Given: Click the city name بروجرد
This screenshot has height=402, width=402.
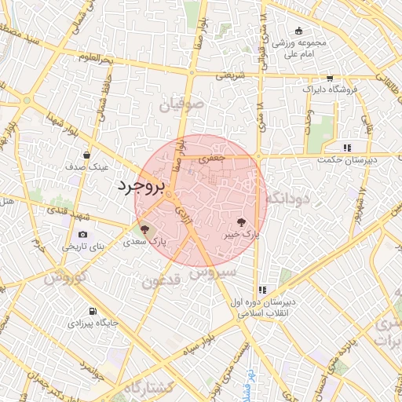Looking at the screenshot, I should (x=142, y=187).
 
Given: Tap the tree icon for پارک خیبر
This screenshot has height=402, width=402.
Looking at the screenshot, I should (x=241, y=222).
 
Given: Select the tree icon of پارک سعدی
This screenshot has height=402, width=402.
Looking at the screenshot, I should (x=144, y=230).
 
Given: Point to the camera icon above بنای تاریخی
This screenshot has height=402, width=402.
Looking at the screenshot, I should (x=83, y=234).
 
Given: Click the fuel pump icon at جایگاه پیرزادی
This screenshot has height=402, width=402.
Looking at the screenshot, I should (x=94, y=310).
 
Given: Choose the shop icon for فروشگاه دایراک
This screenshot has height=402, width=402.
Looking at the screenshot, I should (x=329, y=79).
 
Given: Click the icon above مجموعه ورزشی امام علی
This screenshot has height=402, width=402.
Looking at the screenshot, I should (x=298, y=31).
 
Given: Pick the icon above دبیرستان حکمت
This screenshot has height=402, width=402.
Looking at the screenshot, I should (x=346, y=148).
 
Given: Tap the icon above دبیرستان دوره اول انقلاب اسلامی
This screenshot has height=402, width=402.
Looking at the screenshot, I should (x=262, y=290).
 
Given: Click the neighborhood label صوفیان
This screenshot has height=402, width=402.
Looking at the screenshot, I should (x=184, y=104).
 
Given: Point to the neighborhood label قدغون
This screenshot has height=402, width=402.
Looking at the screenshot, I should (x=163, y=280).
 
